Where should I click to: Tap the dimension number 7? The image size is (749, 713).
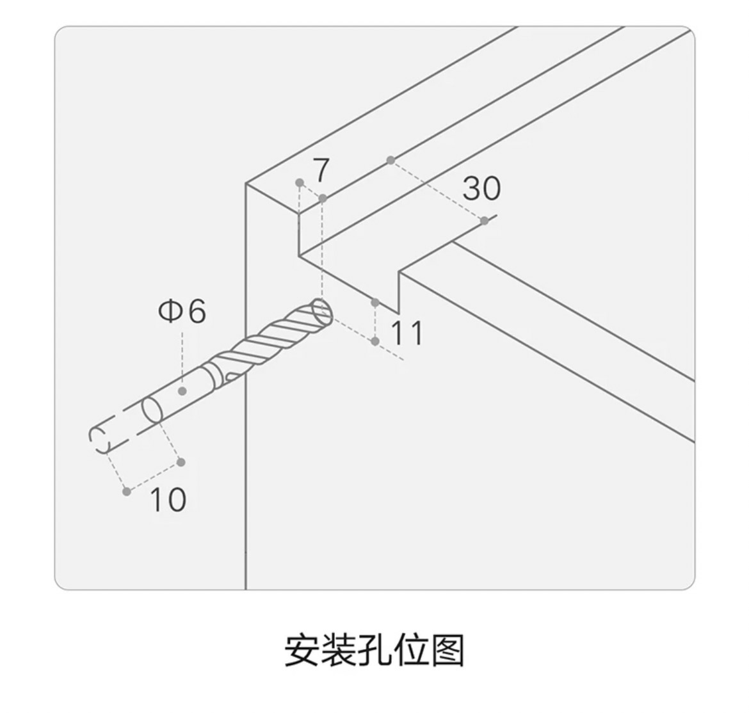(x=321, y=170)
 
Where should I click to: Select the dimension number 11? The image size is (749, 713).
(x=407, y=333)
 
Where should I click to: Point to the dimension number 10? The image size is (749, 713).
(x=168, y=500)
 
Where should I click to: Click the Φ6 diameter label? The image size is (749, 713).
(x=182, y=311)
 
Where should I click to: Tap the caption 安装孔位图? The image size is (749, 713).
(x=374, y=650)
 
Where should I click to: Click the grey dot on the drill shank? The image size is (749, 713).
(x=182, y=391)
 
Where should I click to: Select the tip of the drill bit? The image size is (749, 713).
(x=322, y=312)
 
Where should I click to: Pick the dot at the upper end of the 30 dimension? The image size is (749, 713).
(x=391, y=161)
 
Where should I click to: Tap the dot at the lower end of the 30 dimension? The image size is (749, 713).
(x=485, y=221)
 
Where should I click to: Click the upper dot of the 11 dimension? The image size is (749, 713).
(x=375, y=303)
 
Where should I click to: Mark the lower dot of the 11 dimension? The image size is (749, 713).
(x=375, y=341)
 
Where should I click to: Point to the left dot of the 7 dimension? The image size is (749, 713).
(x=300, y=182)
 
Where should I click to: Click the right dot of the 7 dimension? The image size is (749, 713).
(x=323, y=198)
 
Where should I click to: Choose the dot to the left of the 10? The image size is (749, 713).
(x=127, y=492)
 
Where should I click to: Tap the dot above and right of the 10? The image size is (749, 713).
(x=181, y=462)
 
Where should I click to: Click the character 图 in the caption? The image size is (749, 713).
(x=447, y=650)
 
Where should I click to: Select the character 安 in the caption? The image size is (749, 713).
(x=302, y=650)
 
